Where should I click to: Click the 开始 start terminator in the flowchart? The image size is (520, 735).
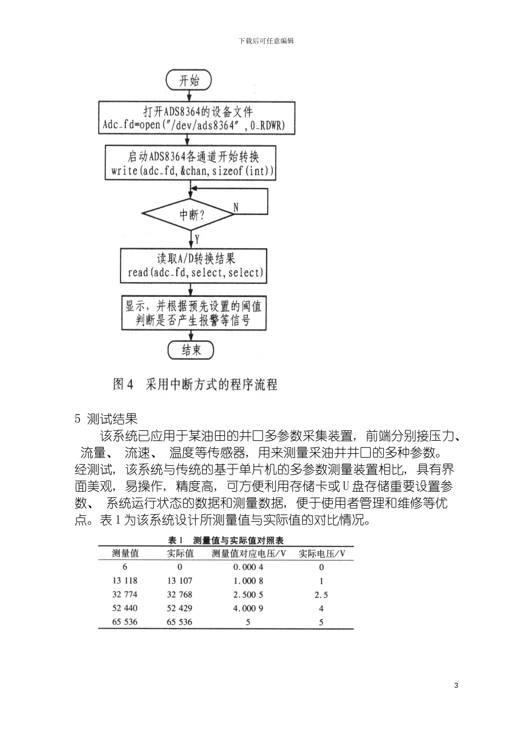[x=189, y=80]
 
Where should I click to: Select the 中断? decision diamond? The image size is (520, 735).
[x=190, y=214]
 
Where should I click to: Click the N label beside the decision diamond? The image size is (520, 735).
[x=236, y=207]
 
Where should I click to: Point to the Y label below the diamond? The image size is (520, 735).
[x=197, y=239]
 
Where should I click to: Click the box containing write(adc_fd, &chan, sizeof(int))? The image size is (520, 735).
[x=190, y=163]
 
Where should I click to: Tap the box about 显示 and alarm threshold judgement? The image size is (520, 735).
[x=194, y=313]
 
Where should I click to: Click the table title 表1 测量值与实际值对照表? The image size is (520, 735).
[x=226, y=540]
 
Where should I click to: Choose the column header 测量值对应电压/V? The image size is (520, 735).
[x=249, y=553]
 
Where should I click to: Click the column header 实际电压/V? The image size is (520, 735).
[x=322, y=553]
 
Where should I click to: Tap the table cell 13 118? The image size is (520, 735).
[x=125, y=581]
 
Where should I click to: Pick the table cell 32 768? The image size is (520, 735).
[x=180, y=594]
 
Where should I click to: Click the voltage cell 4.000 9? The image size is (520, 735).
[x=249, y=608]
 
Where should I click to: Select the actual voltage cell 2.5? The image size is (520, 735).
[x=321, y=594]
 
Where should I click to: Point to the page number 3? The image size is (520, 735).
[x=456, y=686]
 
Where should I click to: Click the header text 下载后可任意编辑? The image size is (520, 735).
[x=267, y=41]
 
